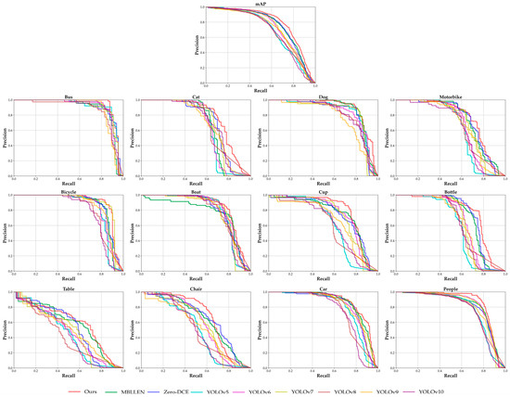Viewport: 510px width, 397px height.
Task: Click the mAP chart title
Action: pyautogui.click(x=261, y=4)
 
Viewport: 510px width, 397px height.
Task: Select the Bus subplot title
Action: pyautogui.click(x=70, y=96)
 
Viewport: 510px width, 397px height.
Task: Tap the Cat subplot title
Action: pyautogui.click(x=196, y=96)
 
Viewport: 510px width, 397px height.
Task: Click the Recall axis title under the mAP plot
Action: pyautogui.click(x=261, y=90)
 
